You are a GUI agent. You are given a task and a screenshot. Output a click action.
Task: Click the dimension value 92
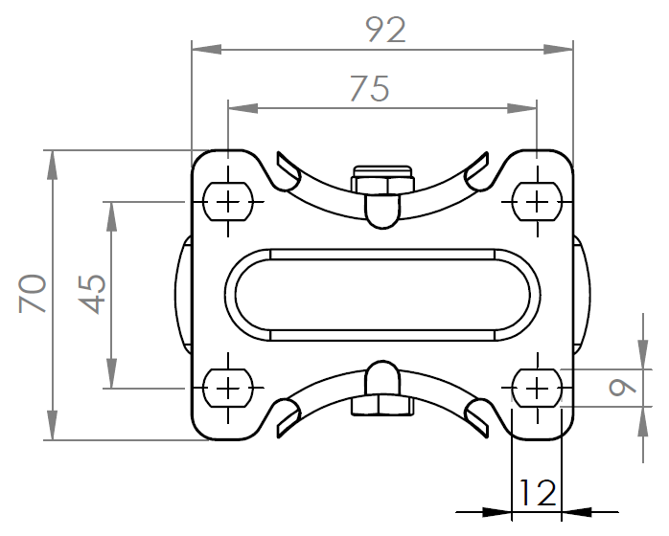tap(385, 31)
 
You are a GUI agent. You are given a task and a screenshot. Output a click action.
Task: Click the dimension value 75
tap(370, 89)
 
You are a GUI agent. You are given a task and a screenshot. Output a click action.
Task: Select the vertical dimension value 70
tap(33, 294)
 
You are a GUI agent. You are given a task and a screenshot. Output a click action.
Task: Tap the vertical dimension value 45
tap(92, 294)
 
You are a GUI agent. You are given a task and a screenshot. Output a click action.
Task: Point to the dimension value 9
tap(622, 388)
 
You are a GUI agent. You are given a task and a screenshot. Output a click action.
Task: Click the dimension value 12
tap(537, 493)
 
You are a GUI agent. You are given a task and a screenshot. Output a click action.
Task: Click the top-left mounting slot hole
tap(228, 202)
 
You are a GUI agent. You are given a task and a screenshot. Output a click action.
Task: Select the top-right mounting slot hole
tap(537, 202)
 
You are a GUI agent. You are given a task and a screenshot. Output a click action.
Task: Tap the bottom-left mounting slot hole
tap(228, 388)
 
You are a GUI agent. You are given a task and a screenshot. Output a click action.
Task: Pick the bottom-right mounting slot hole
tap(537, 388)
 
